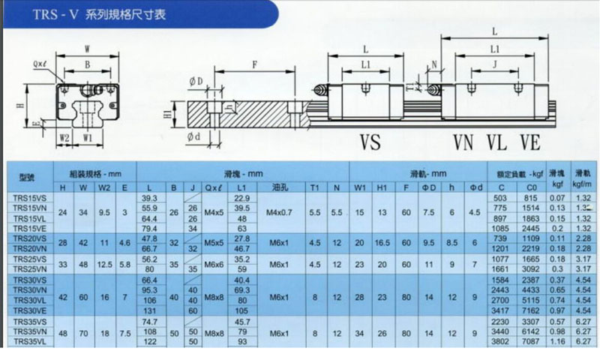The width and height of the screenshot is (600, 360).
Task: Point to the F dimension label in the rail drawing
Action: pos(255,66)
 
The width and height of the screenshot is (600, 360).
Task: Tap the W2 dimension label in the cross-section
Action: pos(64,137)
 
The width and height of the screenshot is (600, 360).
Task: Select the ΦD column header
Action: pos(429,187)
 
